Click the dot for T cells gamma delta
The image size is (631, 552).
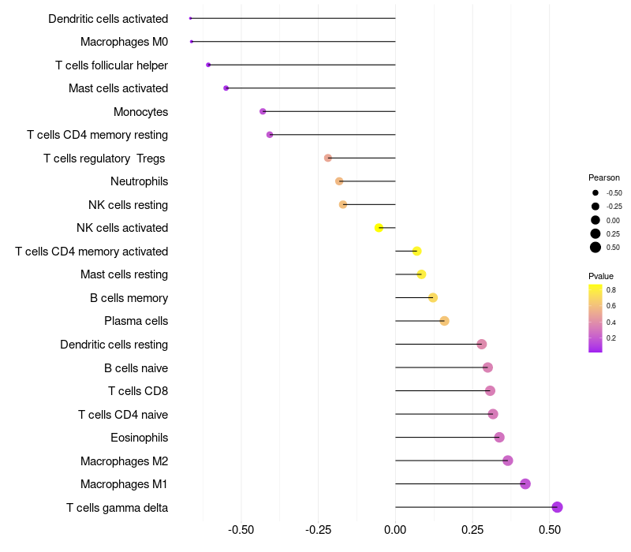coord(557,507)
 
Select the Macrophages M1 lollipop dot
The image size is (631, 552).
coord(525,484)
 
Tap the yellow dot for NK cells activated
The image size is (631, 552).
coord(379,228)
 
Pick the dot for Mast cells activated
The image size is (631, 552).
coord(226,88)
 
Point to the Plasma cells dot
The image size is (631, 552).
coord(444,321)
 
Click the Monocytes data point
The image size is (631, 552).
coord(263,111)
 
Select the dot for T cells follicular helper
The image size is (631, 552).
coord(208,65)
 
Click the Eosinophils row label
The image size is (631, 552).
coord(139,438)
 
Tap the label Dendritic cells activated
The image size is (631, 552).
coord(108,18)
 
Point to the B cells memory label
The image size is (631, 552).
coord(129,298)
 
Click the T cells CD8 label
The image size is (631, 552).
coord(138,391)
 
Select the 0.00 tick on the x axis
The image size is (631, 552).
coord(395,530)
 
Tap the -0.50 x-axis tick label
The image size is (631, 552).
coord(241,530)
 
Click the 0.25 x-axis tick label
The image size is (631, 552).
coord(472,530)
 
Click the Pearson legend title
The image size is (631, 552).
coord(604,177)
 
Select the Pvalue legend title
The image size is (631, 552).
coord(601,276)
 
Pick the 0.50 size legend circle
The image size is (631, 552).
coord(596,248)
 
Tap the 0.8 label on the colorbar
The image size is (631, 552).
coord(611,290)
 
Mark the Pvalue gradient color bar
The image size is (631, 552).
coord(596,318)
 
